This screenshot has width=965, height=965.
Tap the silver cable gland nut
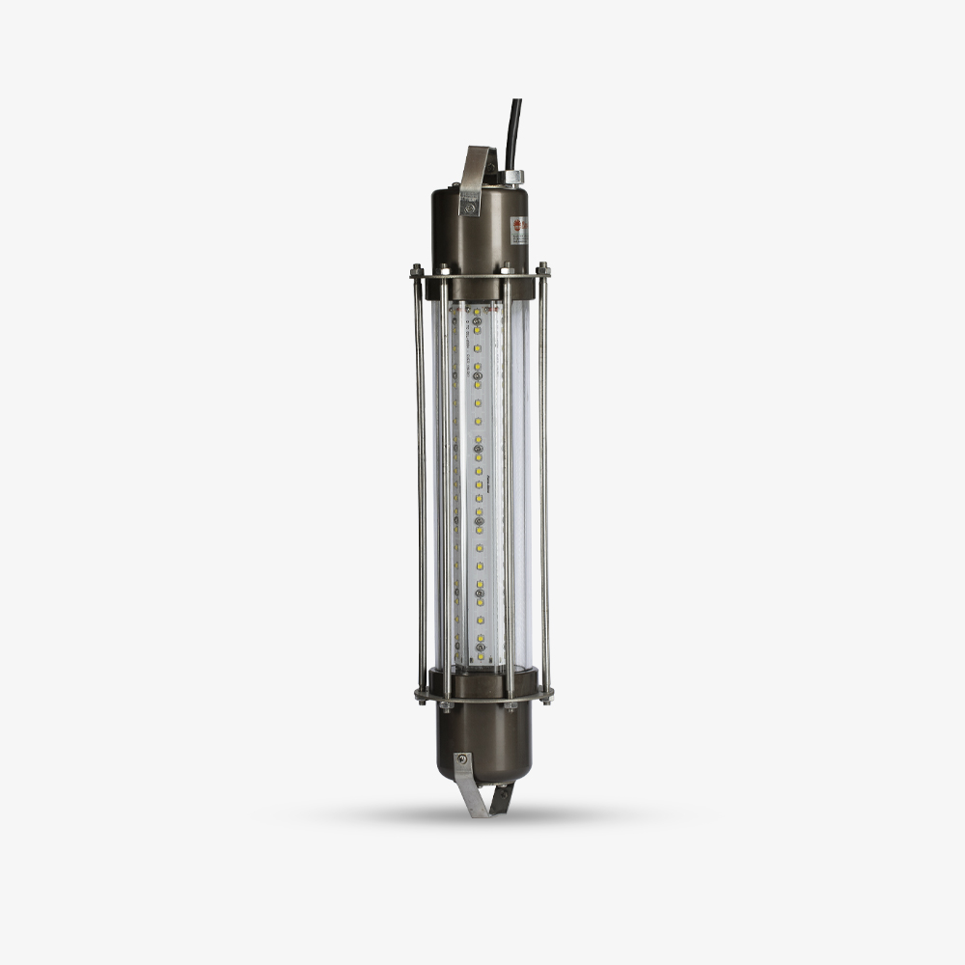513,177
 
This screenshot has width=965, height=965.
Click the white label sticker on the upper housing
519,231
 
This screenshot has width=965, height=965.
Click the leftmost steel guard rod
421,482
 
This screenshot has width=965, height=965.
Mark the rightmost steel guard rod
543,482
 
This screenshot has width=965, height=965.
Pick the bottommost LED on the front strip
479,655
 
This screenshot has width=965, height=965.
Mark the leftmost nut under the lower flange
420,698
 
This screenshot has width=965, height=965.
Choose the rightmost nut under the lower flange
545,698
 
